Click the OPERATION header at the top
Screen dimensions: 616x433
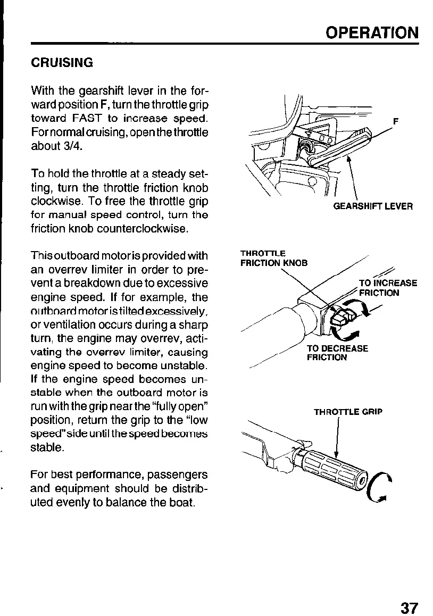point(372,32)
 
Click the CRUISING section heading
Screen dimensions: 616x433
point(62,63)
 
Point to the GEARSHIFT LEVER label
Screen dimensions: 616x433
point(372,206)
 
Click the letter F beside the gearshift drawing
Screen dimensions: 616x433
point(395,121)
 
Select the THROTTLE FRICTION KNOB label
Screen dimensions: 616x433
point(273,258)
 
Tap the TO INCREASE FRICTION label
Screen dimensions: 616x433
point(388,288)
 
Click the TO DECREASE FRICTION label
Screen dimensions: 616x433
point(337,353)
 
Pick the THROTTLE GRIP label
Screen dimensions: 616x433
point(348,412)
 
